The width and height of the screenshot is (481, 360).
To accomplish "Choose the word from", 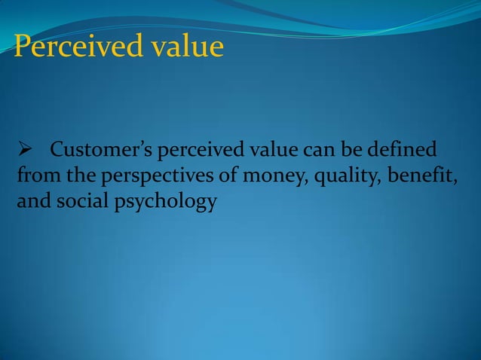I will click(x=32, y=176).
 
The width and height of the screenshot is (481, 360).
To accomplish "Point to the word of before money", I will click(x=205, y=176).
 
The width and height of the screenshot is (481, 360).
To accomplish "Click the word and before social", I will click(x=29, y=202).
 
